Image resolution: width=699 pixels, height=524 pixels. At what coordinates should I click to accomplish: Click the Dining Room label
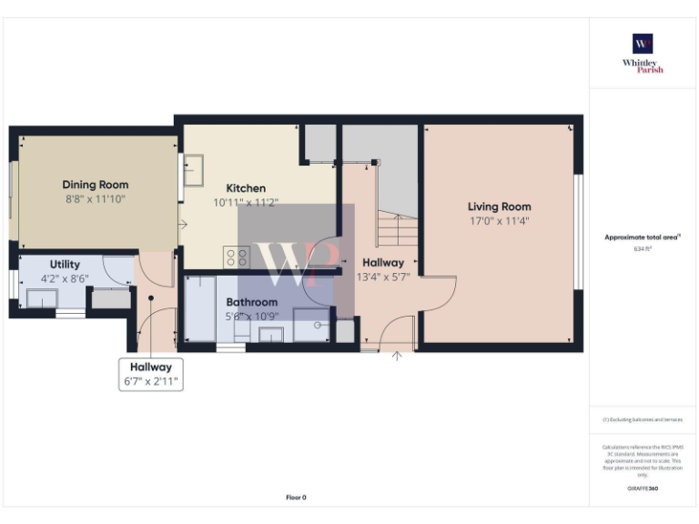95,185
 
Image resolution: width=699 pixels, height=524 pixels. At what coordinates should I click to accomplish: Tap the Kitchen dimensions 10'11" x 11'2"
246,203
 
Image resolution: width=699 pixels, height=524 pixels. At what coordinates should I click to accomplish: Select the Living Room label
499,207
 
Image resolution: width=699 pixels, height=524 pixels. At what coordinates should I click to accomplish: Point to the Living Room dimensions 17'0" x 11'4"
499,220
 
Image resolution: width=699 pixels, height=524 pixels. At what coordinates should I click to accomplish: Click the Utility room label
65,264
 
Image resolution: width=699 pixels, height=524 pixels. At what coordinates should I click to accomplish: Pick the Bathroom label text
252,302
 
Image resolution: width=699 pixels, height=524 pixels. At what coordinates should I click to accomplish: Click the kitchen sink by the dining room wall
195,168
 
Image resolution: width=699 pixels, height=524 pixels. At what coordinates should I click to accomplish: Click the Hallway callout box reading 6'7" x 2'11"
151,374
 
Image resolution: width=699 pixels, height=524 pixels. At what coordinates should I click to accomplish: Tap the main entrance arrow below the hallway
396,356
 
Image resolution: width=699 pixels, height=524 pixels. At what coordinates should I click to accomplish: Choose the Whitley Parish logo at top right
643,54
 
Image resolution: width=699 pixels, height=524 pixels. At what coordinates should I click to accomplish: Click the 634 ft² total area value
643,247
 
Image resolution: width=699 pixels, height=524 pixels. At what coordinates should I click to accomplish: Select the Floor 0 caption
296,498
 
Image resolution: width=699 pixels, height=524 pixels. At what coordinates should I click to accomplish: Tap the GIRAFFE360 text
643,489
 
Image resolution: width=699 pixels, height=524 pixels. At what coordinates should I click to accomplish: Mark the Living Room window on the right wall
577,232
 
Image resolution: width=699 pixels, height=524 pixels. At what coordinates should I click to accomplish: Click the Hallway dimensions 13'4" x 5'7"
383,277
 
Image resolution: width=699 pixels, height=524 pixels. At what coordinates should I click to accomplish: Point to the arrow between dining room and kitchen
183,224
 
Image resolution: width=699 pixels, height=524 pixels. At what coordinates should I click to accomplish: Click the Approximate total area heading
643,237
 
